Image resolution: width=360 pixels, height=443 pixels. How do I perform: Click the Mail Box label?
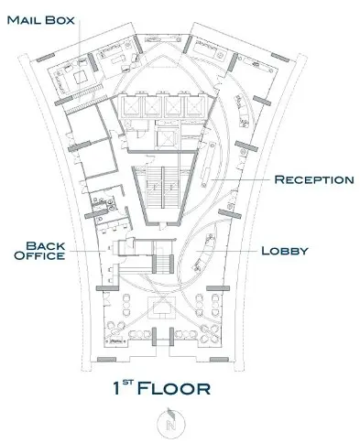pos(40,20)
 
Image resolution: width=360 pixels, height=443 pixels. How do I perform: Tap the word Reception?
pos(314,179)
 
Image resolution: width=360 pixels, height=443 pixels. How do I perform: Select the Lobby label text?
pos(285,251)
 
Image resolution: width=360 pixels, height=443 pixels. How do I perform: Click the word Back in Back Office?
pos(46,246)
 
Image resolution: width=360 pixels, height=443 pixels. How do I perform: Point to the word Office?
pos(39,255)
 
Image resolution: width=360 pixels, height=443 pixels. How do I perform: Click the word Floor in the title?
pos(174,388)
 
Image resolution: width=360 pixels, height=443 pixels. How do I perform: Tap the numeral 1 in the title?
pos(116,388)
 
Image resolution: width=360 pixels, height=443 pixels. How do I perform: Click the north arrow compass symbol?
pos(170,423)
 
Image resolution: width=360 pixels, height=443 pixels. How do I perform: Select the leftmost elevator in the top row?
pos(132,106)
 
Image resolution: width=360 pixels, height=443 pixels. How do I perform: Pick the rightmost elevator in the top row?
pos(196,106)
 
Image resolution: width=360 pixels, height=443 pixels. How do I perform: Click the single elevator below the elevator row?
pos(165,138)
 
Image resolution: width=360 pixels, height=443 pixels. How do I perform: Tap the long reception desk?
pos(208,165)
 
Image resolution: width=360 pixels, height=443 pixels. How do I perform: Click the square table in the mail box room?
pos(80,77)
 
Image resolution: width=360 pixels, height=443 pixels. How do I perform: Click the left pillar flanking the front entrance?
pos(154,337)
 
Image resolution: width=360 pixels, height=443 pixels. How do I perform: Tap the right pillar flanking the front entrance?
pos(171,337)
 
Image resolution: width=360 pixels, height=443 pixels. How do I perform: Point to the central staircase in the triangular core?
pos(162,187)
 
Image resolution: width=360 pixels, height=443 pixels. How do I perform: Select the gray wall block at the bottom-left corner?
pos(106,360)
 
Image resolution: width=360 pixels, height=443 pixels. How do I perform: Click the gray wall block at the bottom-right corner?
pos(219,360)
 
